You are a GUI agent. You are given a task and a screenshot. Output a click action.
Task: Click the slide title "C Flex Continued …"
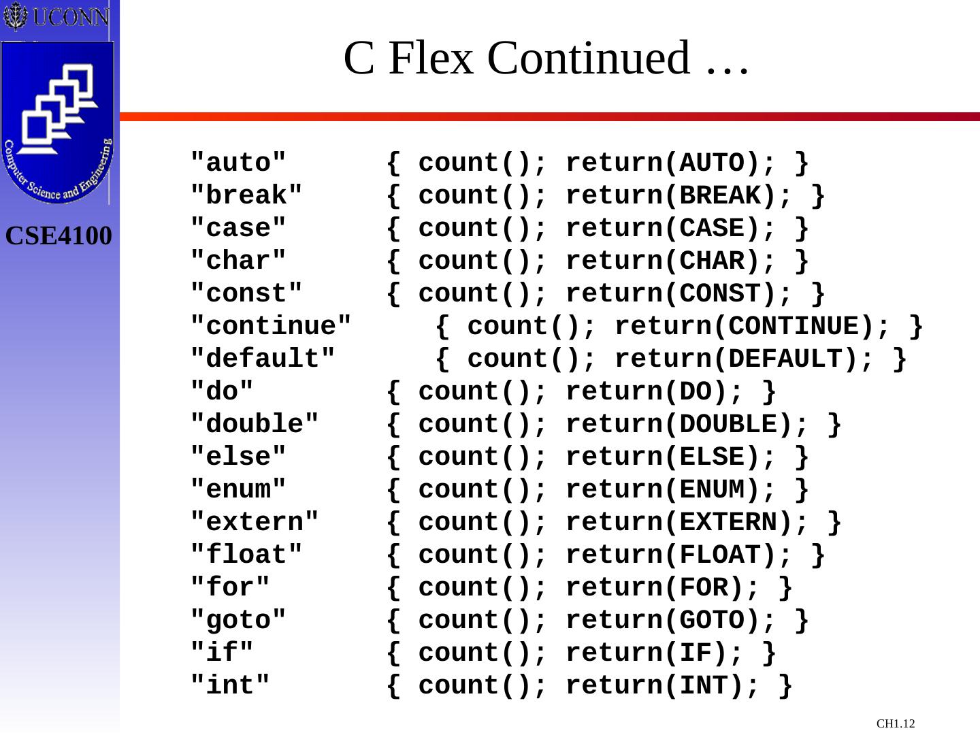546,58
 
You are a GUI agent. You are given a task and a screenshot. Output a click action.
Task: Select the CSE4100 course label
59,236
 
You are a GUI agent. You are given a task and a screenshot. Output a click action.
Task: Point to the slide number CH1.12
896,723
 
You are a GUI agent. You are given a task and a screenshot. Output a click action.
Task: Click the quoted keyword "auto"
238,163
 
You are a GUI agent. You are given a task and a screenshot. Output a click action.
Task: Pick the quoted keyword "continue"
271,327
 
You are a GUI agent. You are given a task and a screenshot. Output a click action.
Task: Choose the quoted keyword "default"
263,359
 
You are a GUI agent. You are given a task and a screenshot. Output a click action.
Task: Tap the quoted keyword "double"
255,425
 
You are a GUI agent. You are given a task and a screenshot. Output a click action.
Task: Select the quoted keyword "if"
222,653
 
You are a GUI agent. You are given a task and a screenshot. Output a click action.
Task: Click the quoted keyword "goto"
238,621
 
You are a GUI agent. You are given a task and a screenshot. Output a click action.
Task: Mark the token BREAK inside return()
719,196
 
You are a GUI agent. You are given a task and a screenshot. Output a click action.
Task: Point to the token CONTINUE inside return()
793,327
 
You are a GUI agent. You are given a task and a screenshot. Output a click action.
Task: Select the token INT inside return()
703,686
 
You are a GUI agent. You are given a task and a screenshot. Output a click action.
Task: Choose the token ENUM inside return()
711,490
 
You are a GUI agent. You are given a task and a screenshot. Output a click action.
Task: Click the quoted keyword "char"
238,261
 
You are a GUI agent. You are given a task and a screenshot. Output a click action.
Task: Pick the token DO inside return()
695,392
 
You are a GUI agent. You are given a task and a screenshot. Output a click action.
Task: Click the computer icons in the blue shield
59,109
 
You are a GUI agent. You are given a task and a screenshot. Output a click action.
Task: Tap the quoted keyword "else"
238,457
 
